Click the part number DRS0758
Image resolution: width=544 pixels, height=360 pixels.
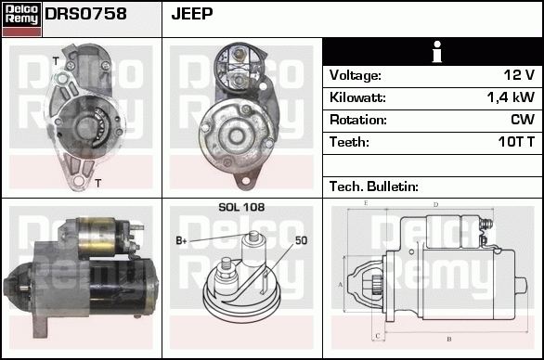click(x=86, y=14)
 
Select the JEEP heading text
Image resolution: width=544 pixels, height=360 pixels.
click(x=193, y=14)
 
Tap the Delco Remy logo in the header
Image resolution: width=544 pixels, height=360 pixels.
click(x=21, y=18)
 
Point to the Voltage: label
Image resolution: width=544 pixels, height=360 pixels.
click(x=355, y=75)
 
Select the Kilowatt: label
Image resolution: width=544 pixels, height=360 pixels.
click(x=357, y=97)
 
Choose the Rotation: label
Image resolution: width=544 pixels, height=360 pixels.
click(x=357, y=120)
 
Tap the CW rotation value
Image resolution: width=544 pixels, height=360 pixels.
click(x=522, y=120)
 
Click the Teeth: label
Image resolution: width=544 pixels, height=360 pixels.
click(x=349, y=142)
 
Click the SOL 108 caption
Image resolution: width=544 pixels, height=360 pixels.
click(x=241, y=207)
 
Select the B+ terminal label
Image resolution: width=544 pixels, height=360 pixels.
click(x=182, y=241)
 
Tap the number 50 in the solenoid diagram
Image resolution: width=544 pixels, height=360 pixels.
click(x=301, y=241)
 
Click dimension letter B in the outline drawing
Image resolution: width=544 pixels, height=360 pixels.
click(x=448, y=340)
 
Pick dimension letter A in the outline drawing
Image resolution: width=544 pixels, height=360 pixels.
click(x=341, y=284)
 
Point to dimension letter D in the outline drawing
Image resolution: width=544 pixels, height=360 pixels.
click(x=435, y=204)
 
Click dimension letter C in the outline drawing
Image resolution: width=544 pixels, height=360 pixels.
click(x=377, y=335)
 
